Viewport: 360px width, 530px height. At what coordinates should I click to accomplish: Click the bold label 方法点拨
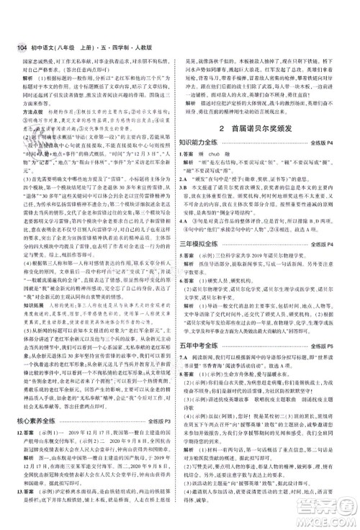(x=27, y=112)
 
